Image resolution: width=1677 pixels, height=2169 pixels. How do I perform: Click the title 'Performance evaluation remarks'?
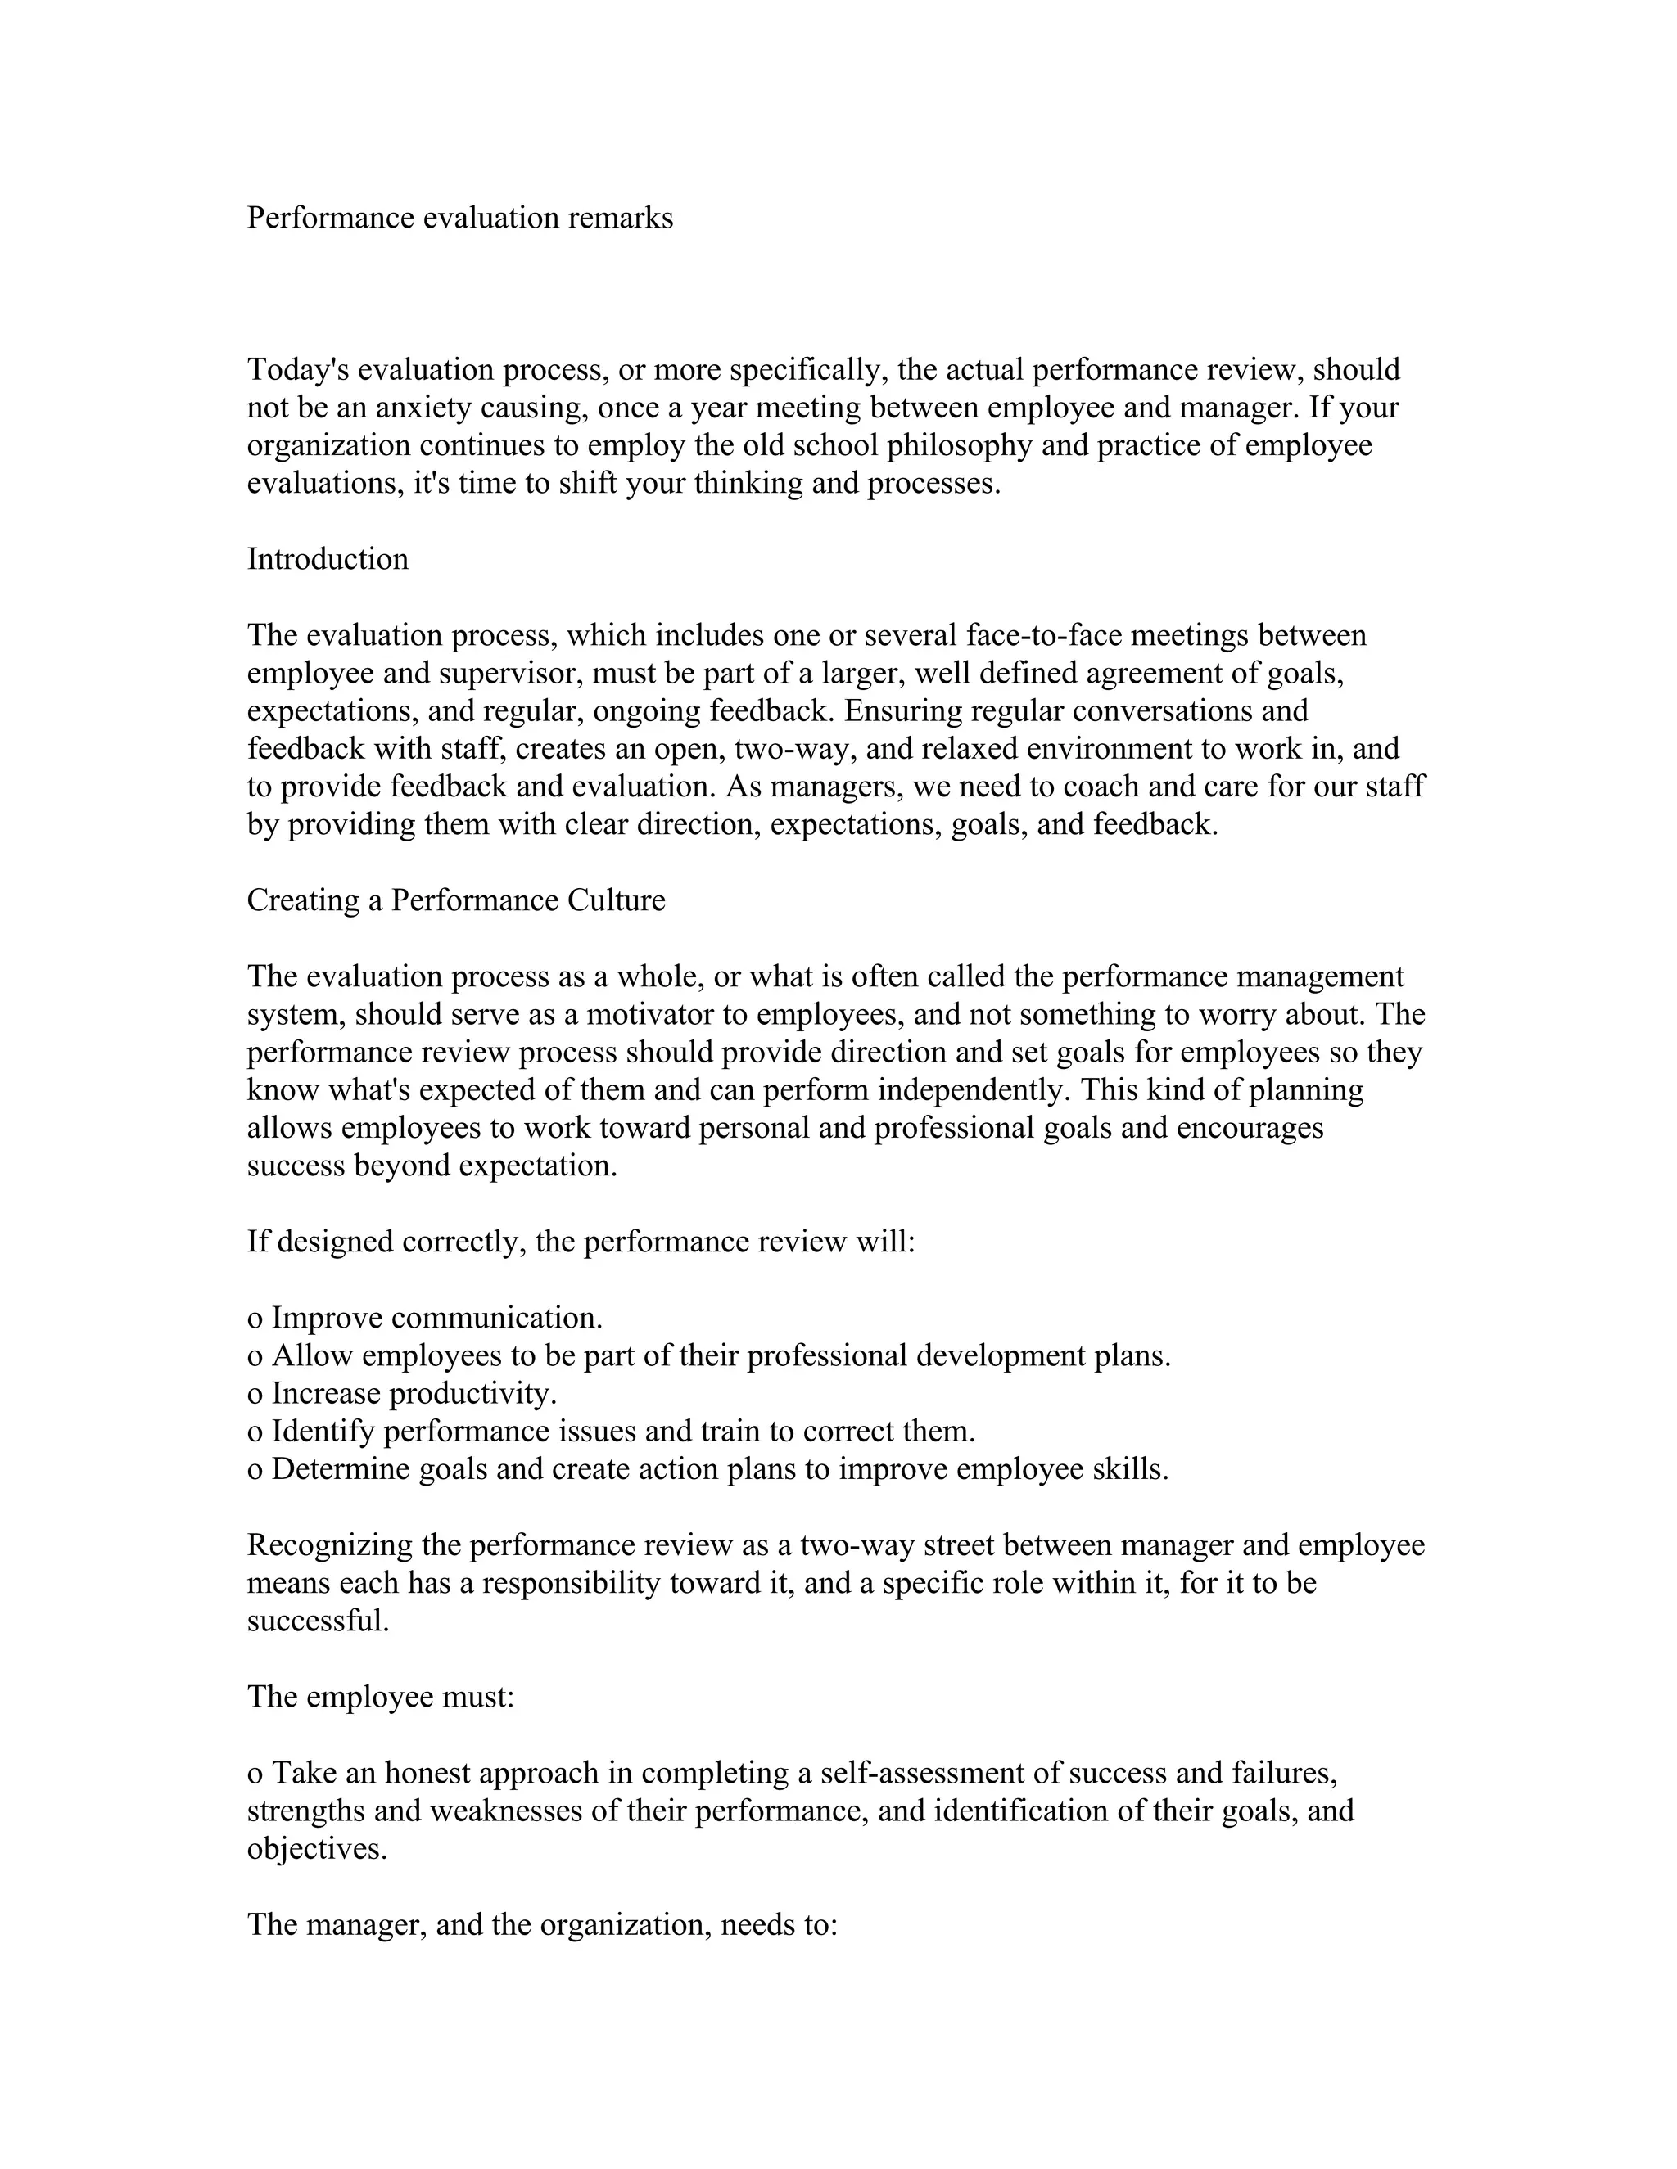click(459, 218)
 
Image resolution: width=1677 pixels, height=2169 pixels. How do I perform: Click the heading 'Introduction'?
click(327, 559)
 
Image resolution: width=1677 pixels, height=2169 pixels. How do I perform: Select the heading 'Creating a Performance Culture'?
click(456, 900)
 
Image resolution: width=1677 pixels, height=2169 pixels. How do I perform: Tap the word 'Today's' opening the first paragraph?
click(298, 369)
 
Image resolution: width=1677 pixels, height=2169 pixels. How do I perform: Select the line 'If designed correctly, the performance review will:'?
click(581, 1242)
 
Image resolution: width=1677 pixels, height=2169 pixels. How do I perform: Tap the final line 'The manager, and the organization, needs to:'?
click(542, 1925)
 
